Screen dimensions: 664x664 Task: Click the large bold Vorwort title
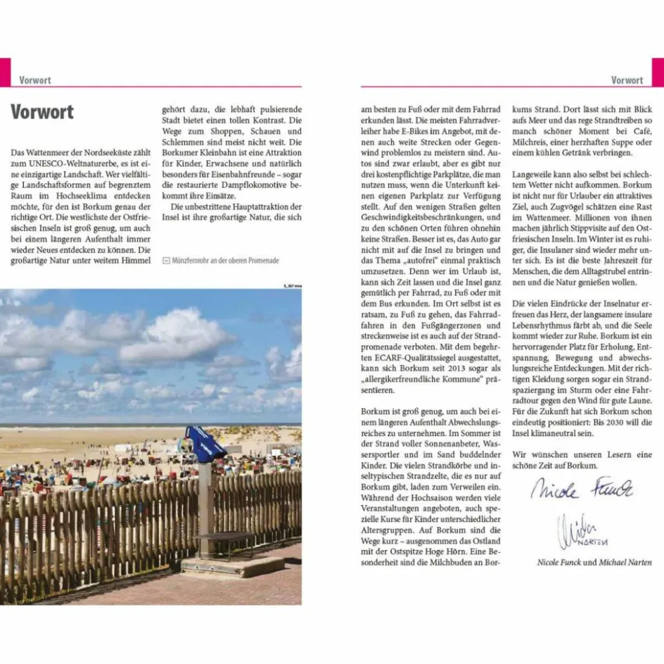(42, 112)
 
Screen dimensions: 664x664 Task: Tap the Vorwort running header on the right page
(627, 80)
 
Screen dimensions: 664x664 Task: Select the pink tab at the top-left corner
(5, 72)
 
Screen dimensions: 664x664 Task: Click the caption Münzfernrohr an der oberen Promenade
(225, 260)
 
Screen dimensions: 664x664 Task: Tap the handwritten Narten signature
(581, 531)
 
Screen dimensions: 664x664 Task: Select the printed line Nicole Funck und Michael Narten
(594, 563)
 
